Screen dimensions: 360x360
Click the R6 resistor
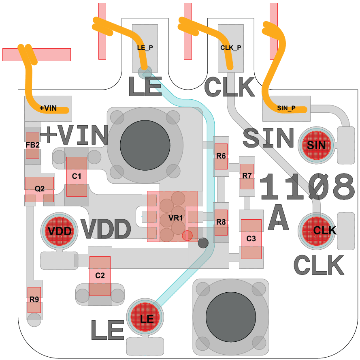pos(221,156)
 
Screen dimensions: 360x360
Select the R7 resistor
pos(247,176)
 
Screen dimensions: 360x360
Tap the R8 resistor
pos(221,222)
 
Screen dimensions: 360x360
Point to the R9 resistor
pos(34,300)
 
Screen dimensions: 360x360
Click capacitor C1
pos(77,176)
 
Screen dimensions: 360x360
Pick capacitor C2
pos(100,276)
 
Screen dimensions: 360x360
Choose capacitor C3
pos(251,239)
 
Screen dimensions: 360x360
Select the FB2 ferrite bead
pos(33,145)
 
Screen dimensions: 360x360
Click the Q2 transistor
pos(40,189)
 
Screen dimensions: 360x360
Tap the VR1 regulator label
pos(176,218)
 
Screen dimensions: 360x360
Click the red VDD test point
pos(59,231)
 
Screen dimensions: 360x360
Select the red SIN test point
pos(316,145)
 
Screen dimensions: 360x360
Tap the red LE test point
pos(145,317)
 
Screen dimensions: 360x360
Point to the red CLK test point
pos(316,231)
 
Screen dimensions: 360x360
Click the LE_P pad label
pos(145,47)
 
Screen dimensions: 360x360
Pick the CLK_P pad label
pos(231,47)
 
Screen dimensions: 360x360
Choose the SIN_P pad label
pos(286,108)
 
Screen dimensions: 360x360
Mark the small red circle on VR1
pos(187,236)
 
